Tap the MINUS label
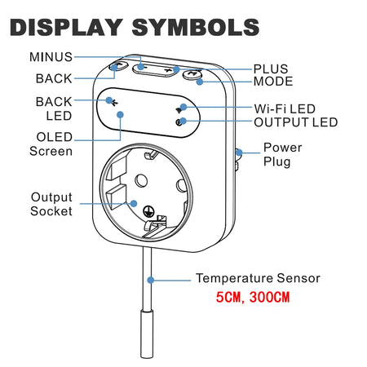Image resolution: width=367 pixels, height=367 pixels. pyautogui.click(x=51, y=57)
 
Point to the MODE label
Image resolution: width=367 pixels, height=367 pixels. pyautogui.click(x=272, y=82)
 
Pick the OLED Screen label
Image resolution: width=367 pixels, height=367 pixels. pyautogui.click(x=51, y=143)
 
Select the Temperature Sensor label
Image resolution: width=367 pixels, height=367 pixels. pyautogui.click(x=258, y=279)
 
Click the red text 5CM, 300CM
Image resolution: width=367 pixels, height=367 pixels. pyautogui.click(x=252, y=298)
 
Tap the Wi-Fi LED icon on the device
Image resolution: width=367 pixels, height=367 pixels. pyautogui.click(x=179, y=108)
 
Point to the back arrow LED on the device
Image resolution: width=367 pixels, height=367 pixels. pyautogui.click(x=113, y=101)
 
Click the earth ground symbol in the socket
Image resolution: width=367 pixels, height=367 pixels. pyautogui.click(x=149, y=210)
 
